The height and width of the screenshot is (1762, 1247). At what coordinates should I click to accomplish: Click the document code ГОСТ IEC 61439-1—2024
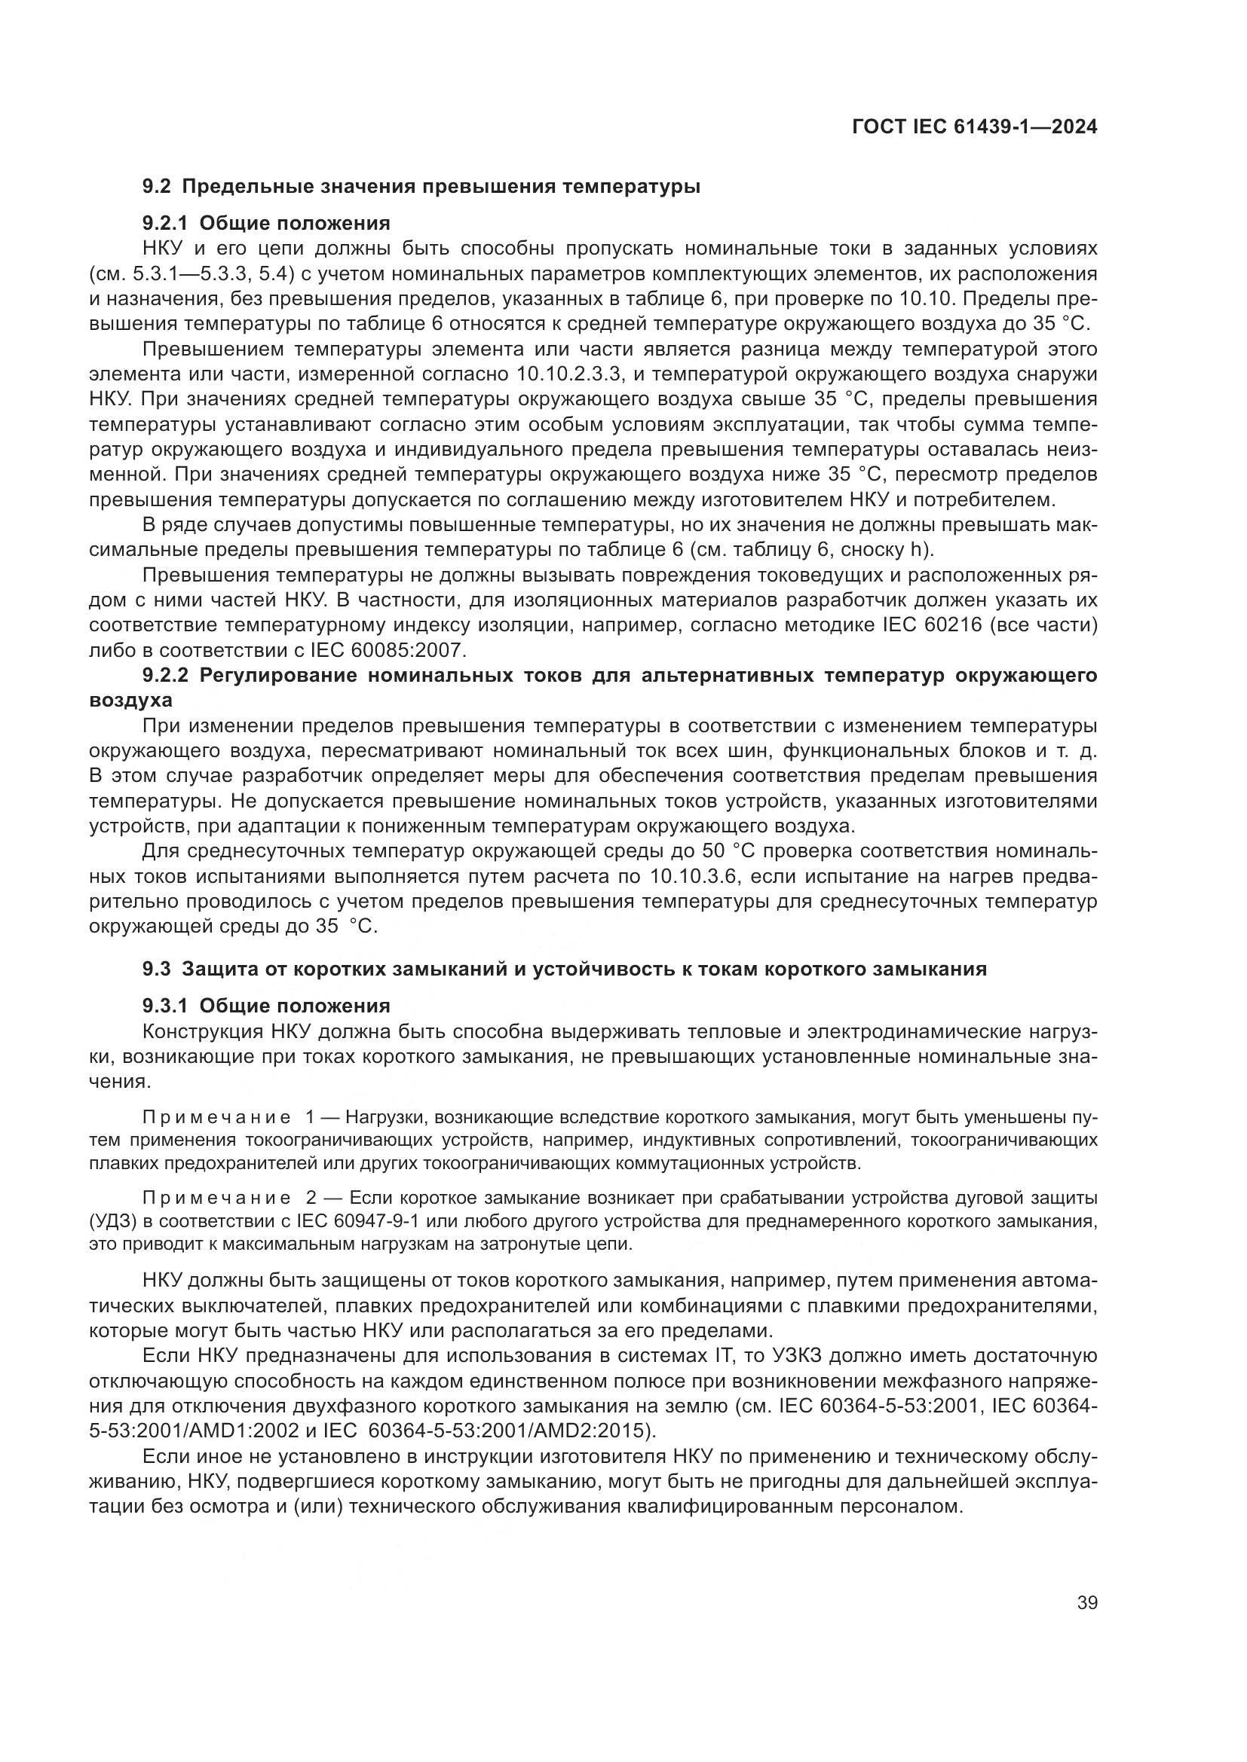pyautogui.click(x=973, y=127)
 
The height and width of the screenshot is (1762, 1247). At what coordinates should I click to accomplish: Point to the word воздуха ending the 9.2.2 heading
pyautogui.click(x=130, y=701)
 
